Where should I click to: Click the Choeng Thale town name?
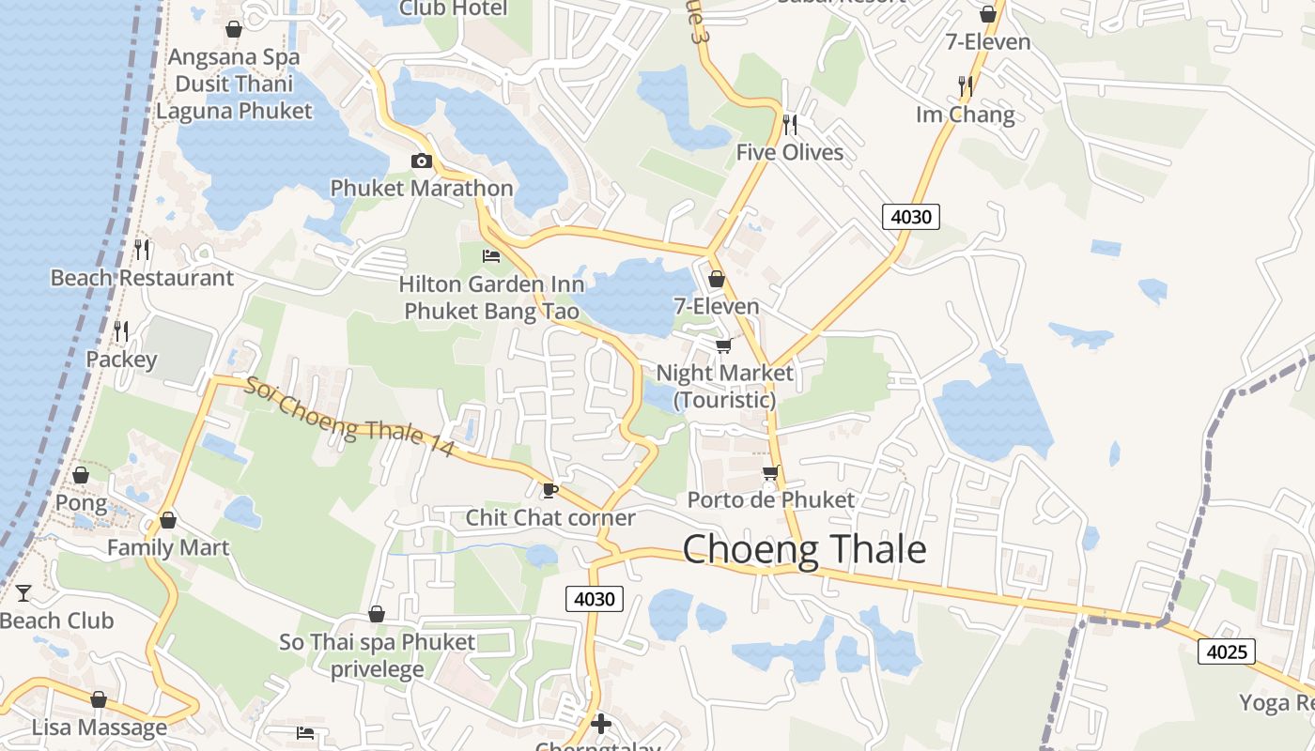(x=804, y=549)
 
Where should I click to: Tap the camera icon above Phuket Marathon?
(x=421, y=161)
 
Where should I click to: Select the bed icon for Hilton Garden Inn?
(x=491, y=255)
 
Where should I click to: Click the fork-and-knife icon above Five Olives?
(x=790, y=124)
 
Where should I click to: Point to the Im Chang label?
(x=966, y=115)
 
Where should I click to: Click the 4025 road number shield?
(x=1226, y=651)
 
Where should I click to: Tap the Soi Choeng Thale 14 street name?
(x=350, y=418)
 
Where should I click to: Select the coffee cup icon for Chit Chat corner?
(x=550, y=490)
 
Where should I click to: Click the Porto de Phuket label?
(x=771, y=499)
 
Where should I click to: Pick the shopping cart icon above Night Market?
(x=724, y=345)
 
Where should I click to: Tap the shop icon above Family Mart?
(x=168, y=520)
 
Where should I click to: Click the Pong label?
(x=81, y=502)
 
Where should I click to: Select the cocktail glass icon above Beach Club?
(x=23, y=593)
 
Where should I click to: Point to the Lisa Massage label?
(x=99, y=728)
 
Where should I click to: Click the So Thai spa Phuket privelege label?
(x=377, y=655)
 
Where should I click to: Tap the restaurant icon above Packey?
(x=121, y=331)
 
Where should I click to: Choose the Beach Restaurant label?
(x=142, y=278)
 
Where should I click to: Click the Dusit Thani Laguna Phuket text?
(x=234, y=97)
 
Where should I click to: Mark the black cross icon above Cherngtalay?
(x=601, y=724)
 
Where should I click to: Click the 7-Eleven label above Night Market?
(x=717, y=306)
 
